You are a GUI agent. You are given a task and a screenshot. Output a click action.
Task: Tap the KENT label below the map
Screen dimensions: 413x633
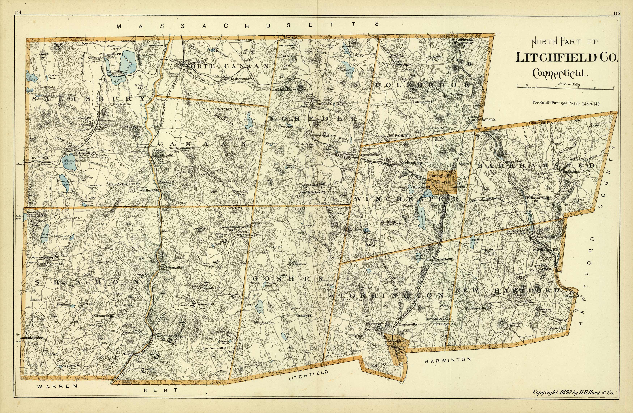(x=161, y=390)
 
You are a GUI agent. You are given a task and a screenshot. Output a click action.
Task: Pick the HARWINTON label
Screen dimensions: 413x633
(x=447, y=360)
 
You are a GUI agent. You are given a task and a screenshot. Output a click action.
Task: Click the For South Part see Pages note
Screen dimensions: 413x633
(x=565, y=103)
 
